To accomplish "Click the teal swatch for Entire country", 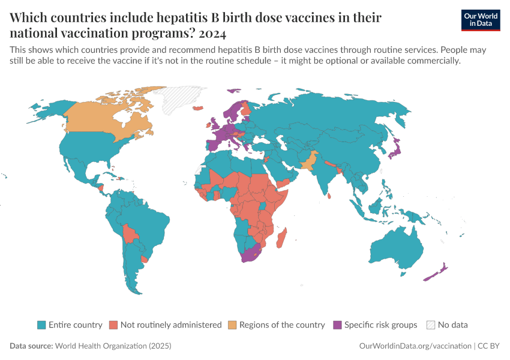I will coord(41,325).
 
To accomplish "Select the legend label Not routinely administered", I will coord(170,325).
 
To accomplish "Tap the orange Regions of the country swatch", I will coord(232,325).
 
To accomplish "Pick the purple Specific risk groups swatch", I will coord(337,325).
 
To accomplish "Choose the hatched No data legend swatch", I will coord(430,325).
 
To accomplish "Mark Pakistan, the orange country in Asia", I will coord(307,161).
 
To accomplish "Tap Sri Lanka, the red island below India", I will coord(329,194).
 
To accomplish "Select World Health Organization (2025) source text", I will coord(113,346).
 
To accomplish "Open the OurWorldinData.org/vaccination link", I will coord(415,346).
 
